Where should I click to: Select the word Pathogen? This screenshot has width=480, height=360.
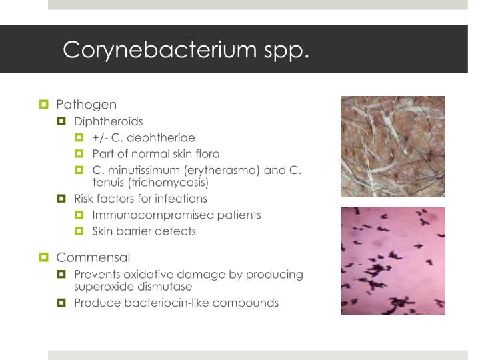(x=87, y=105)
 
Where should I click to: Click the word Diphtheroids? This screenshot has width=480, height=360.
(x=109, y=121)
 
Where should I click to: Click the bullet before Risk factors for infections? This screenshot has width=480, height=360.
(x=63, y=199)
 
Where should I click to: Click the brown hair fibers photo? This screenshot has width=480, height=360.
(x=393, y=146)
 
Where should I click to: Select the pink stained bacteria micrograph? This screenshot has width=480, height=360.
(x=393, y=260)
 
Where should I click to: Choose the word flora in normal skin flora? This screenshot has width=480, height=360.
(x=206, y=154)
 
